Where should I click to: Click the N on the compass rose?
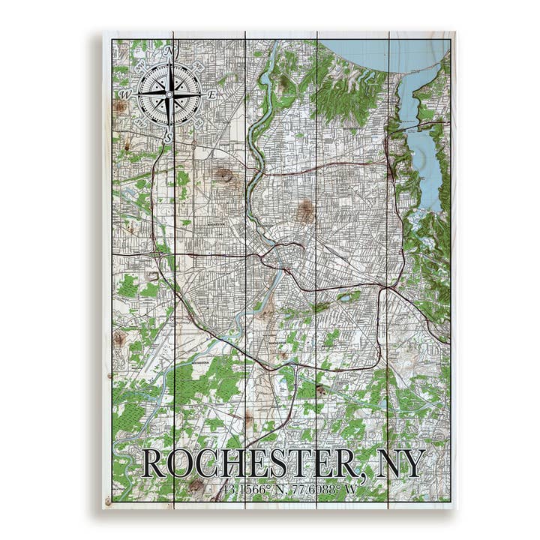169,52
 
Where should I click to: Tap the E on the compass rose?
212,95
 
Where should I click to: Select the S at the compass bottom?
169,137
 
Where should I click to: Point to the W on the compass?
127,94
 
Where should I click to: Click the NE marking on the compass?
199,65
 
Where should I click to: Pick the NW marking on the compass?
139,65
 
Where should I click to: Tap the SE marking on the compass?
199,124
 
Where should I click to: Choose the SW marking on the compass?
139,124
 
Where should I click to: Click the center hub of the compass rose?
169,94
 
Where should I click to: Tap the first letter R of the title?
154,464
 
